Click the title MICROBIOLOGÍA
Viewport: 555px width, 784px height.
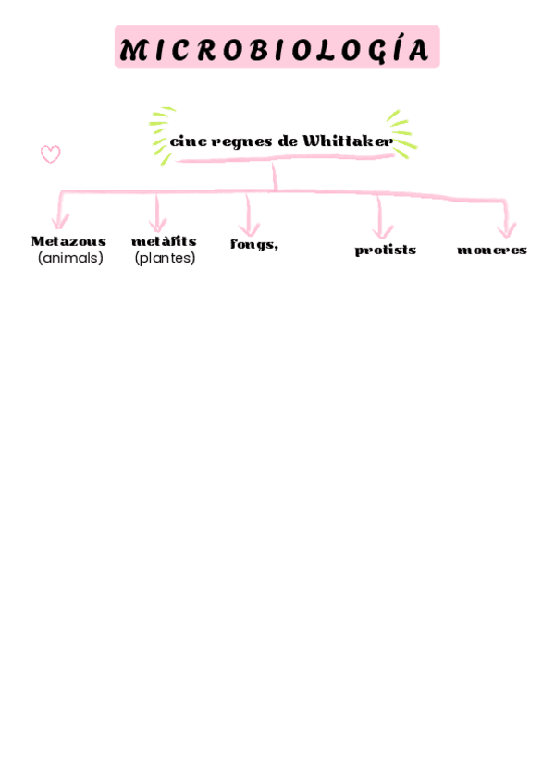click(277, 50)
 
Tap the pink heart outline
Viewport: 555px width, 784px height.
click(51, 154)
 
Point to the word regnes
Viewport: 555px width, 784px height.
click(241, 141)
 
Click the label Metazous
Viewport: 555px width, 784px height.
click(68, 241)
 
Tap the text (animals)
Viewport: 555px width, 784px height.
click(70, 258)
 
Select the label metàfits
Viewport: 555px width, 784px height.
click(164, 241)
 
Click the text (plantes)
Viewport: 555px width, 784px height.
click(165, 258)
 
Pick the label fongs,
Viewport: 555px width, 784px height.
click(254, 244)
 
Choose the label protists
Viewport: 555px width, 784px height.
click(385, 250)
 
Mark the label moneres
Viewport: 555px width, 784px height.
click(492, 250)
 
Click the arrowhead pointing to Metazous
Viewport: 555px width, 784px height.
click(60, 222)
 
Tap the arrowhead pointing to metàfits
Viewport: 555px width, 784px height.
click(158, 225)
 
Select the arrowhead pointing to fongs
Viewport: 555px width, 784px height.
click(249, 227)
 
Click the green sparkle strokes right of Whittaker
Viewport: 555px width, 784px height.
click(401, 133)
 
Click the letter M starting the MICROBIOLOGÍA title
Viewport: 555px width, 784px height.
click(131, 51)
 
